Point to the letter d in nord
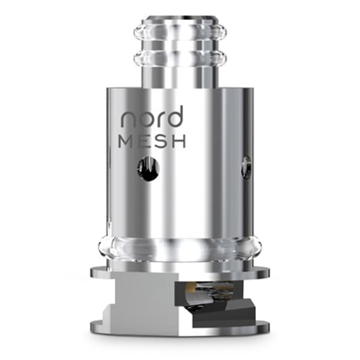click(176, 116)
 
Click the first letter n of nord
click(128, 120)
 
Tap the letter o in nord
click(145, 120)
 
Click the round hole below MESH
click(148, 169)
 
